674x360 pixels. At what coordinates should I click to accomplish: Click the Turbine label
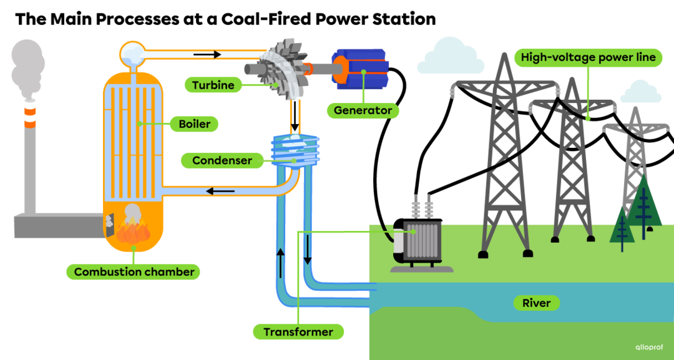pos(213,85)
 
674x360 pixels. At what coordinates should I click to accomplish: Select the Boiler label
pos(194,124)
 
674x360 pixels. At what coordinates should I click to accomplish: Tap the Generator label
pos(363,110)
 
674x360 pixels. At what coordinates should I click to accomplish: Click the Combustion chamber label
pos(134,272)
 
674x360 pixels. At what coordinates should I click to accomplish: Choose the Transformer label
pos(298,332)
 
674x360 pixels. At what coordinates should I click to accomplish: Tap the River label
pos(536,303)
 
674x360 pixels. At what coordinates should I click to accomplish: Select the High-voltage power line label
pos(588,57)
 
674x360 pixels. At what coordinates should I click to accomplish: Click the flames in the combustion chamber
pos(133,233)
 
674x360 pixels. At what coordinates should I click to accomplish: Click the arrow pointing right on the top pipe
pos(207,54)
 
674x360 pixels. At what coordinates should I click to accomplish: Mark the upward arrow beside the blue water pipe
pos(280,263)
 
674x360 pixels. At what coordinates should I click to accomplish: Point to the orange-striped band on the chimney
pos(29,117)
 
